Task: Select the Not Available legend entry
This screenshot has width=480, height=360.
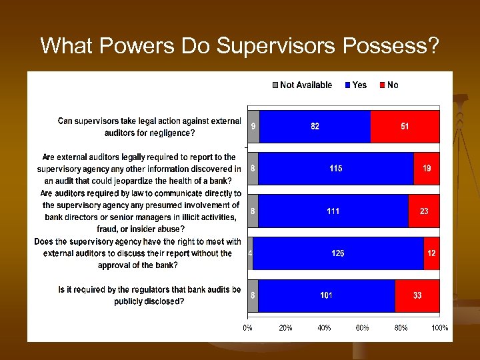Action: (301, 85)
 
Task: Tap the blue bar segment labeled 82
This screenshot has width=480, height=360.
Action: (315, 126)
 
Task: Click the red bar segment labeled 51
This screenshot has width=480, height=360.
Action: (405, 126)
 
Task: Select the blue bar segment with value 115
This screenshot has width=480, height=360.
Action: (335, 169)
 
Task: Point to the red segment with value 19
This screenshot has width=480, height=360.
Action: (427, 169)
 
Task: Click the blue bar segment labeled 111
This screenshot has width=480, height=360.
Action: (333, 211)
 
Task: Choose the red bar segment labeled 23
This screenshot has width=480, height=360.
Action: (424, 211)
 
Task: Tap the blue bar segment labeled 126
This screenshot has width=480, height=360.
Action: (338, 253)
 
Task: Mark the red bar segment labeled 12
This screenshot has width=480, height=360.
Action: (431, 253)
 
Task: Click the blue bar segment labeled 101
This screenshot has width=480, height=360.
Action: (326, 295)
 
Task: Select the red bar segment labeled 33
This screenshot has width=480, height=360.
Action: (417, 295)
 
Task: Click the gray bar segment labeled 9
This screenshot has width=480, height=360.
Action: (253, 126)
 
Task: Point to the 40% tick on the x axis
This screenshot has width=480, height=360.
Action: (324, 328)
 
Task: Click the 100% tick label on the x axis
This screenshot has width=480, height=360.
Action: (439, 328)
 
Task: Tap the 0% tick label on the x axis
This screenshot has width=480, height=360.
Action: (247, 328)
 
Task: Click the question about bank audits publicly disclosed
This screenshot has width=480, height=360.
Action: (149, 295)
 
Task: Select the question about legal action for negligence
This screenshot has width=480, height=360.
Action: (149, 127)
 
